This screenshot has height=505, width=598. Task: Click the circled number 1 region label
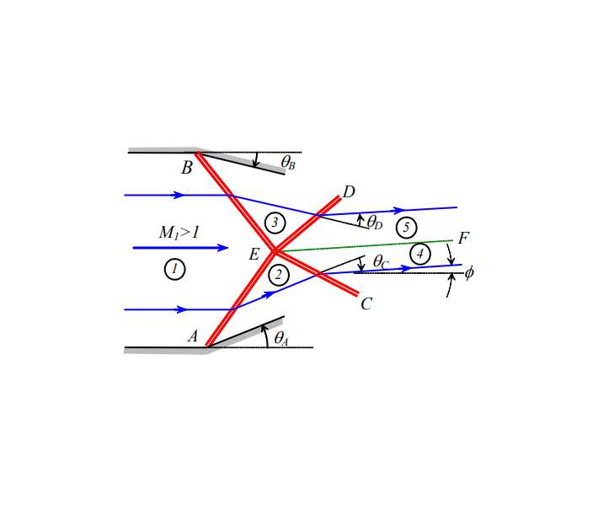coord(174,270)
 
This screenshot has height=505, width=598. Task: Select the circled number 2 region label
coord(280,275)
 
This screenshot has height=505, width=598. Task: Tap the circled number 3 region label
coord(275,223)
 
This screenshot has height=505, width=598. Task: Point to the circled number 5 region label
coord(407,227)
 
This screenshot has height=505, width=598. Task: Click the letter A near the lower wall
coord(192,336)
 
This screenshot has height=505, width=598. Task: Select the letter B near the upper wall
coord(187,168)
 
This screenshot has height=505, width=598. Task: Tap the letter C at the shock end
coord(366,304)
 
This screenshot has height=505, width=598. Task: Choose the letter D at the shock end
coord(349,191)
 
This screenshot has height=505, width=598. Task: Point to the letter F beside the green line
coord(462,239)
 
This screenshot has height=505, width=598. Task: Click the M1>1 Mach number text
coord(179,232)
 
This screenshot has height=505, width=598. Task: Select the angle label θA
coord(280,339)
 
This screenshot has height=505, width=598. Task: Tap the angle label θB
coord(287,162)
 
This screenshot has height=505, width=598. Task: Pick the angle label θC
coord(381,262)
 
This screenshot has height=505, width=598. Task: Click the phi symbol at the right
coord(469,272)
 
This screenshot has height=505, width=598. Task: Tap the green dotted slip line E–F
coord(371,245)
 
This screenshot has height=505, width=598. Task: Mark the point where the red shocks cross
coord(275,250)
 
